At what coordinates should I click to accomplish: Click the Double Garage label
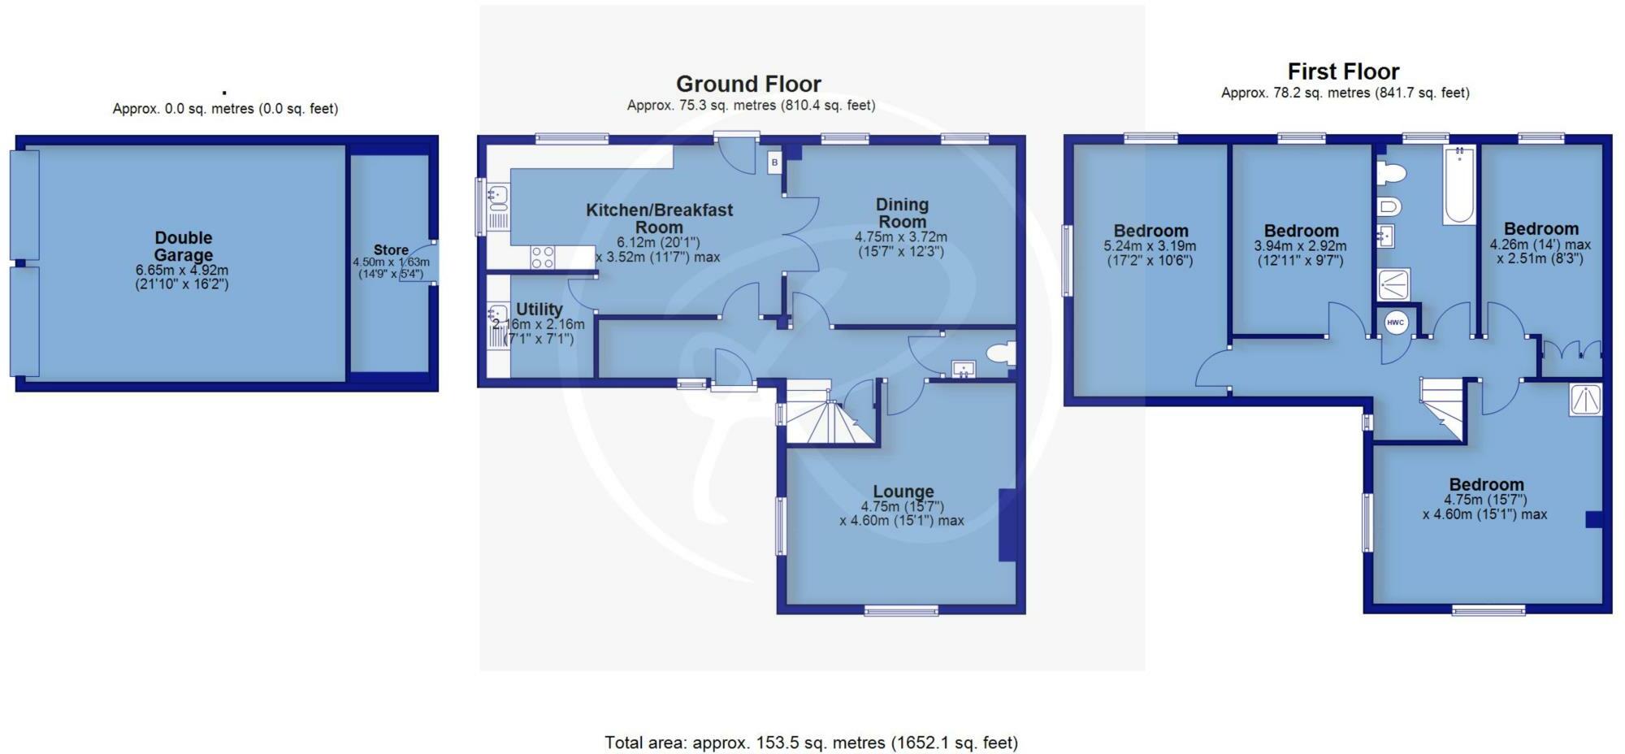[184, 246]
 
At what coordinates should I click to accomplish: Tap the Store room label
[391, 250]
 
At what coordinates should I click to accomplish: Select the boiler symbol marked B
[774, 162]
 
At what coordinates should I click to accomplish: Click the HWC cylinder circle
[1395, 323]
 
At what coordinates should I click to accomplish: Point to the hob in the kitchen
[543, 258]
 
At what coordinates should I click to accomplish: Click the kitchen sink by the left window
[498, 195]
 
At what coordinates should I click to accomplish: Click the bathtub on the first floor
[1459, 185]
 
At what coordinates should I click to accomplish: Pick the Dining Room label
[902, 213]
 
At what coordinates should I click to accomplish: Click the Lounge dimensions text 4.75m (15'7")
[903, 506]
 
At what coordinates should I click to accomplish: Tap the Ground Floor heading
[748, 84]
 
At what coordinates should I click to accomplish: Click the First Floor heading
[1343, 71]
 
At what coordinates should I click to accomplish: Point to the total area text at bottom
[811, 742]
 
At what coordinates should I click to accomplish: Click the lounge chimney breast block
[1007, 525]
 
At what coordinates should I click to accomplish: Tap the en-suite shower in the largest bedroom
[1585, 400]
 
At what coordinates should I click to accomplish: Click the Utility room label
[539, 309]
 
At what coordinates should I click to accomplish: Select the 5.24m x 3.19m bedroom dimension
[1150, 246]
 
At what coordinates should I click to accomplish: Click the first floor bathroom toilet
[1392, 173]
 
